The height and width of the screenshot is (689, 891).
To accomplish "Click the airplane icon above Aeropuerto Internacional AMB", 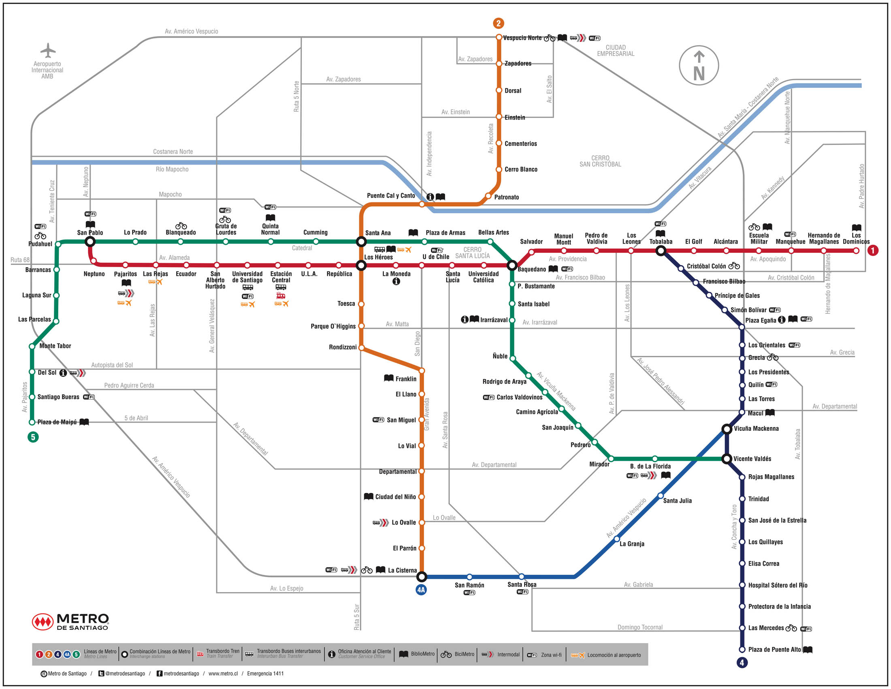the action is (x=48, y=50).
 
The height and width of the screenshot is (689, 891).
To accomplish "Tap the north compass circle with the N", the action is (x=699, y=65).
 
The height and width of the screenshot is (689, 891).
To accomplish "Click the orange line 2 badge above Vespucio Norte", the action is (x=498, y=23).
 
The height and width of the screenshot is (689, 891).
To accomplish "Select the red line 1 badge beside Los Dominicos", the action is (x=873, y=250).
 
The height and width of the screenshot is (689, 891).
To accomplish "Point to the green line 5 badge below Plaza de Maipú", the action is (x=33, y=437).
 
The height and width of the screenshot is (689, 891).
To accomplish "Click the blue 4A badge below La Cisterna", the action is (x=421, y=590).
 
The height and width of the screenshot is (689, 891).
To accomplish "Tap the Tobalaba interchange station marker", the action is (x=661, y=251).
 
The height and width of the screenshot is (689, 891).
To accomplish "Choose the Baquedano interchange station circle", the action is (x=512, y=265).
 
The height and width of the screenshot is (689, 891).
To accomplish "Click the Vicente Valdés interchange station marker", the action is (x=726, y=459).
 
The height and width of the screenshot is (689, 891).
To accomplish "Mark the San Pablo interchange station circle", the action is (x=90, y=242).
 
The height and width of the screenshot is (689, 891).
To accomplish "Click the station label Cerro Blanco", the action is (x=521, y=169).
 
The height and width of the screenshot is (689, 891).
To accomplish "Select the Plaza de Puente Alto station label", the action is (x=774, y=649).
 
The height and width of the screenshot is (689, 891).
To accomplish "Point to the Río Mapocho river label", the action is (x=172, y=169).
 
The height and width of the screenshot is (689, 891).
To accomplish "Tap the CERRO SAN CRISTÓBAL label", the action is (x=600, y=161).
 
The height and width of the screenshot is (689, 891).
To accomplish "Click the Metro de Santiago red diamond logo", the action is (x=43, y=622).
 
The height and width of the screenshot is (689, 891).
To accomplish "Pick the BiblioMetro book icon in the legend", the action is (x=403, y=654).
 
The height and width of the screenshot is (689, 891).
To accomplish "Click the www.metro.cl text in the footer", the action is (x=223, y=674).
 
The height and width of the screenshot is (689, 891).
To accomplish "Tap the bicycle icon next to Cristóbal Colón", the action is (x=734, y=266).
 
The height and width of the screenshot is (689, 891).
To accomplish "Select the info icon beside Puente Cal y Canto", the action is (x=430, y=197).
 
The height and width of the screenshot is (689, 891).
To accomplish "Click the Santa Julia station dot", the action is (x=661, y=496).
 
